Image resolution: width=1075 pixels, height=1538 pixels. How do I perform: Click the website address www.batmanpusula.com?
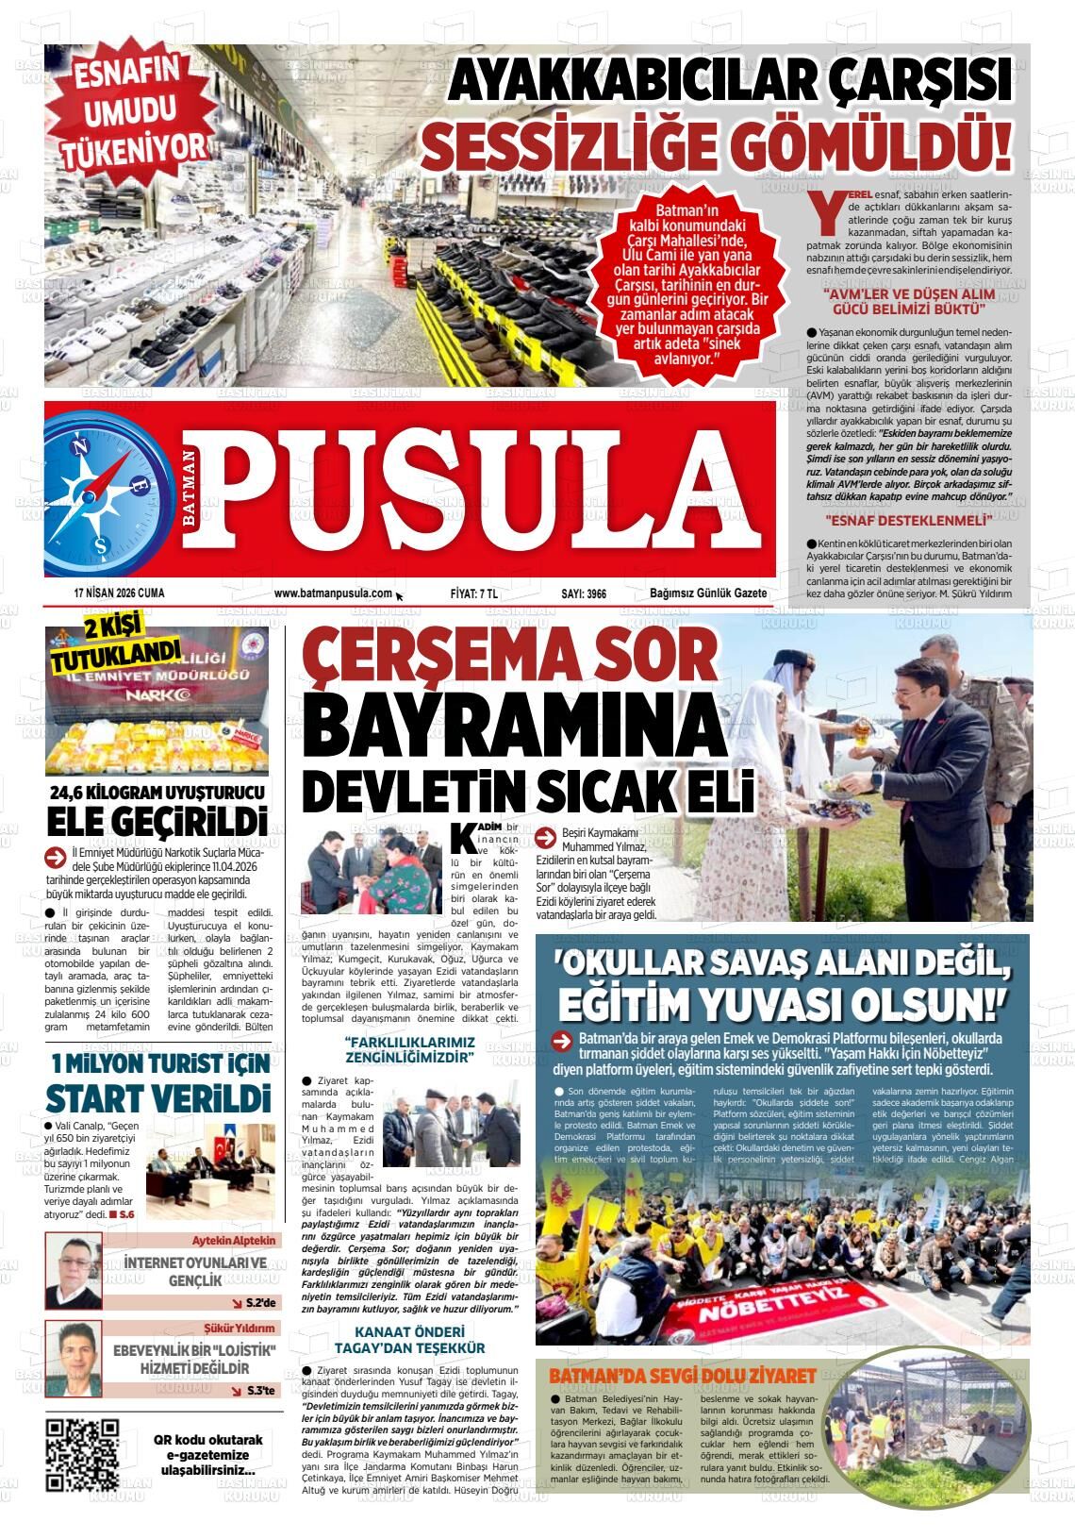[x=332, y=593]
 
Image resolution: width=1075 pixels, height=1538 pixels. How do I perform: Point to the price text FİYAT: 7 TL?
[x=474, y=593]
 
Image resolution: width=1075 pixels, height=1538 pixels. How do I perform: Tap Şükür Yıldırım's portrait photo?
[x=74, y=1359]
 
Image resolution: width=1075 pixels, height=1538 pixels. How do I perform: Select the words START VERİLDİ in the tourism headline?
[x=157, y=1099]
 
